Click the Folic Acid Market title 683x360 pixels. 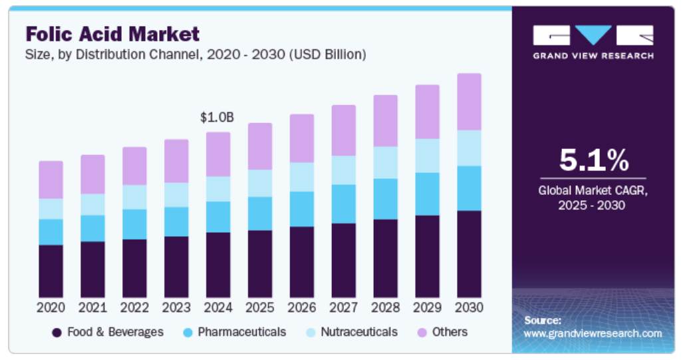112,33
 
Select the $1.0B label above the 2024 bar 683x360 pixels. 217,118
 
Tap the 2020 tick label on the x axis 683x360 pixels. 51,307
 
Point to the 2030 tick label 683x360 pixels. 469,307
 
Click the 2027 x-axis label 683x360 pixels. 343,307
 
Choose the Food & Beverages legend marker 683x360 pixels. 57,332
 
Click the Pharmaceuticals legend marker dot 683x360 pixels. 188,332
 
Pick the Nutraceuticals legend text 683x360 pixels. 358,331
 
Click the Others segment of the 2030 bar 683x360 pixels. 469,102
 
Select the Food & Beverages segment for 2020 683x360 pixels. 51,271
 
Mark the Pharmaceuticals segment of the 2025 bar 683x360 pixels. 259,214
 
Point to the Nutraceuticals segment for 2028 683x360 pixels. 385,162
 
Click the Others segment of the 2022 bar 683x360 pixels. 134,166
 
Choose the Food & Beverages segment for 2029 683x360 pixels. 427,256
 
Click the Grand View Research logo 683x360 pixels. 593,42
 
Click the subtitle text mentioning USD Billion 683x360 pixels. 196,55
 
